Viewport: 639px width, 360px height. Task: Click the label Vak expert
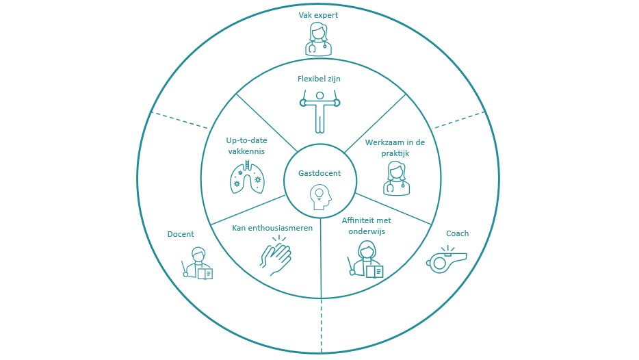click(319, 14)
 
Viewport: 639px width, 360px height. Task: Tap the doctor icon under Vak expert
click(319, 39)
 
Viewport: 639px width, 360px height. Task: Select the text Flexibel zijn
click(319, 79)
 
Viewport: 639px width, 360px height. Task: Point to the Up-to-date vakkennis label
click(246, 146)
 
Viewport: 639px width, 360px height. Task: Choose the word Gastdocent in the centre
click(319, 174)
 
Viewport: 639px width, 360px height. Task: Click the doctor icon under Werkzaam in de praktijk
click(396, 178)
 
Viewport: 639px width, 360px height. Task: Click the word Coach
click(457, 234)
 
